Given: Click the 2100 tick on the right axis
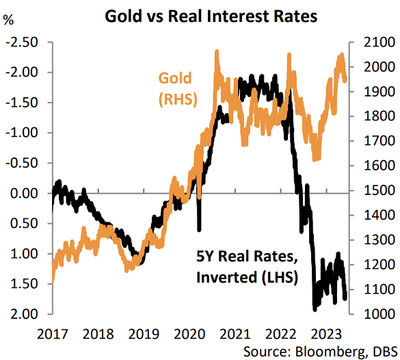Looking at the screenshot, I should [368, 42].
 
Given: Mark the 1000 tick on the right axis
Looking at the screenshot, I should [368, 315].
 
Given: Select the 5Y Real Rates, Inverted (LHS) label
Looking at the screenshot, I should [249, 268].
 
